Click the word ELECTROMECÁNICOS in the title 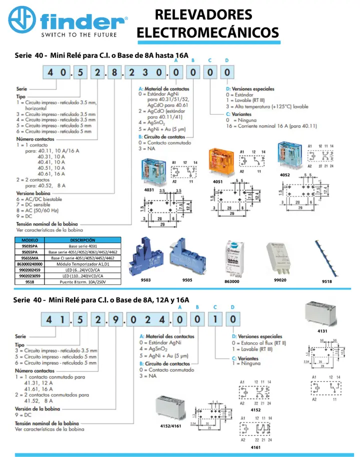[x=207, y=32]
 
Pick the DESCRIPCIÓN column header [x=82, y=240]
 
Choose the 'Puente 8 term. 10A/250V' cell [x=82, y=281]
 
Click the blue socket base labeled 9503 [x=145, y=257]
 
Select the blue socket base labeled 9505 [x=187, y=257]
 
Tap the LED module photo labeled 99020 [x=280, y=258]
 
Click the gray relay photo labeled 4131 [x=323, y=313]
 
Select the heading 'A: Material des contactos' [x=166, y=336]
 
